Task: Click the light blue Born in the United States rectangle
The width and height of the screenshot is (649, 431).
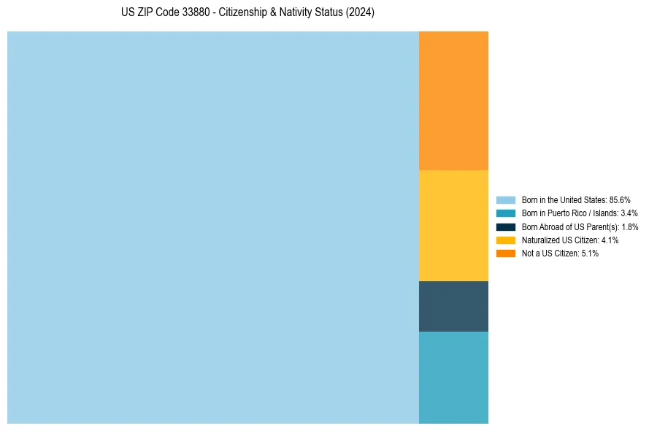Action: (212, 227)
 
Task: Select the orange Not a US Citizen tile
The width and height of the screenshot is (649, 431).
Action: (453, 100)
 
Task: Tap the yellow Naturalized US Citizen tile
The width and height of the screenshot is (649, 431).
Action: (453, 225)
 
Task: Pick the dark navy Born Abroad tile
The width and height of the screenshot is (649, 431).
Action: (453, 306)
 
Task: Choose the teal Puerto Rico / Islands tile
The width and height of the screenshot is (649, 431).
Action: (453, 377)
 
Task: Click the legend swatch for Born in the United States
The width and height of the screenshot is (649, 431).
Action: (505, 199)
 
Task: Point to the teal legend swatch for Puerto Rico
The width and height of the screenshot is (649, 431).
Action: (505, 213)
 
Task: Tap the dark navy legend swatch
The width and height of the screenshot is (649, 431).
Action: (505, 226)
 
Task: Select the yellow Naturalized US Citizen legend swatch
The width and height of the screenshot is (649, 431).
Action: (505, 240)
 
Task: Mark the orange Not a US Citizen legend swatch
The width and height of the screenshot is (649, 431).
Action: (505, 253)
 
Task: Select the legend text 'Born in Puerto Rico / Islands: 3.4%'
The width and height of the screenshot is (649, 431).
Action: (580, 213)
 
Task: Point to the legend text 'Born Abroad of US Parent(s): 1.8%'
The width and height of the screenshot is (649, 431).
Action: (580, 226)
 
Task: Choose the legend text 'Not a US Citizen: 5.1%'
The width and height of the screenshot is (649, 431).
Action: (560, 253)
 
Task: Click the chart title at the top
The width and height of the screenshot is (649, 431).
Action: (247, 13)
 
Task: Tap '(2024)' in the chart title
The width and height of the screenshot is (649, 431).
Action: (360, 13)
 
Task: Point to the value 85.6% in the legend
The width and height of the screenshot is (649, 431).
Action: (620, 199)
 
